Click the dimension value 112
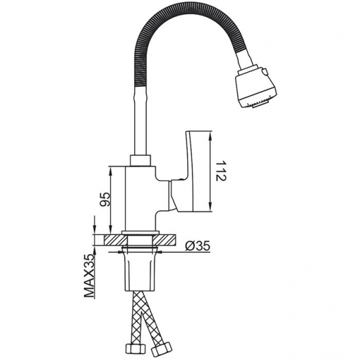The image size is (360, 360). point(221,171)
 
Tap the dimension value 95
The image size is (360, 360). point(105,200)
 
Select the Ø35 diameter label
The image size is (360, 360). point(198,247)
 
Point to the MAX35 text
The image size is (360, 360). point(89,276)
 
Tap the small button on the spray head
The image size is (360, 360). point(266,71)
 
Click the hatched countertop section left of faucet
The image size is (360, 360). point(115,240)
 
